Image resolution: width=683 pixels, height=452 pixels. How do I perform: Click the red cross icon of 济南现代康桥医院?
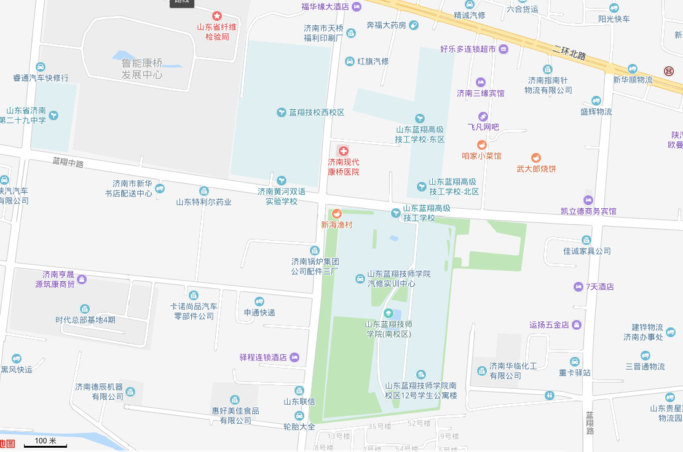pos(343,150)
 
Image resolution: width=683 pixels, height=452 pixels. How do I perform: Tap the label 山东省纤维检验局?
pos(217,32)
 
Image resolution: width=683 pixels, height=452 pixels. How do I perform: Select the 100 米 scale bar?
pos(45,443)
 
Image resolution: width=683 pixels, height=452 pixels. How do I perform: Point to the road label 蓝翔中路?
pos(68,163)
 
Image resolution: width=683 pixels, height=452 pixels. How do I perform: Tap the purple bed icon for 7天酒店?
pos(578,287)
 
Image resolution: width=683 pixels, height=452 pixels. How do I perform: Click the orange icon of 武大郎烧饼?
pos(536,158)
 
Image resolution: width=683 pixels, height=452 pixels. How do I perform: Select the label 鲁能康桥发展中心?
pos(142,69)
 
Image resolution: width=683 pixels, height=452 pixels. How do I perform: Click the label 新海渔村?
pos(336,225)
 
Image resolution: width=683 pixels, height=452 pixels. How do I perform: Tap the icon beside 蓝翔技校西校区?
pos(282,112)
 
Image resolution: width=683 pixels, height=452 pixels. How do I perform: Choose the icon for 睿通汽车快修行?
pos(41,67)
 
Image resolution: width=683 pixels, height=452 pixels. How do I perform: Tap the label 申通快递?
pos(259,313)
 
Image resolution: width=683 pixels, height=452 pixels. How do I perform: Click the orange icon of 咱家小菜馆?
pos(481,145)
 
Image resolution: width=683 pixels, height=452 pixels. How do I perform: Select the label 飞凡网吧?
pos(483,127)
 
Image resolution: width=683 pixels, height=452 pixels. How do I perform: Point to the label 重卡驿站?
pos(575,373)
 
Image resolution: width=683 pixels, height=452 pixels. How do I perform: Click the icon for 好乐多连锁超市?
pos(503,49)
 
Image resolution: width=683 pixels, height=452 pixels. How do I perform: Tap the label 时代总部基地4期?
pos(85,320)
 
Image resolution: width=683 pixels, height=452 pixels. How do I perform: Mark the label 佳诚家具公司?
pos(586,251)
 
